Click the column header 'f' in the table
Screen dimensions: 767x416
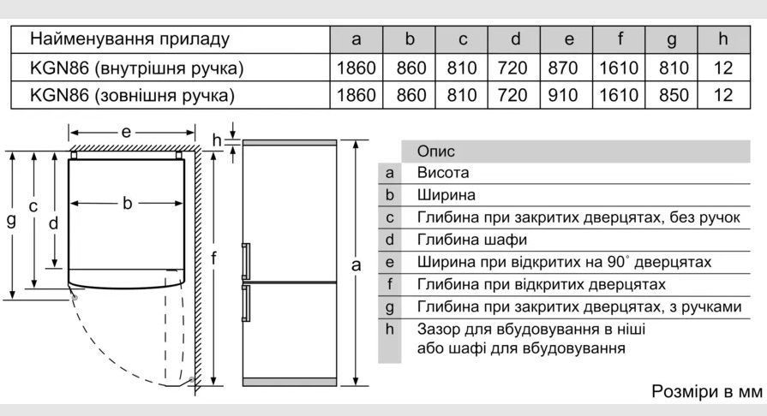[x=620, y=39]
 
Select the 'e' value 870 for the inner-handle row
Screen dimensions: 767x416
[x=562, y=68]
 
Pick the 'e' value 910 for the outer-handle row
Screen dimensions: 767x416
[x=562, y=95]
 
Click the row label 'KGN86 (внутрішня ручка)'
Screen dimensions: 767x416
[x=136, y=68]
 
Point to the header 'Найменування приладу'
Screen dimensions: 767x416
[x=129, y=39]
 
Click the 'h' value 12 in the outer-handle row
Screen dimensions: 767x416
[x=723, y=95]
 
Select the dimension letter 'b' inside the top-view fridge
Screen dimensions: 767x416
[x=127, y=202]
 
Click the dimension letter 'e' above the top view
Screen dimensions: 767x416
[x=126, y=132]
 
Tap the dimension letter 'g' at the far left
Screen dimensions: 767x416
[x=11, y=221]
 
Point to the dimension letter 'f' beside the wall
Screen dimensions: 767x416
[x=213, y=257]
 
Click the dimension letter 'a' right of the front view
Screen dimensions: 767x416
[x=357, y=265]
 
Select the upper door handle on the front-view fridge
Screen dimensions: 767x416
[x=246, y=262]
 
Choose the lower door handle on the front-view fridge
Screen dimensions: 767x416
[x=246, y=304]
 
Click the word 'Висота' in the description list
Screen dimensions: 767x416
[x=443, y=173]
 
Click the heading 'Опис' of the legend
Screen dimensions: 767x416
[x=436, y=151]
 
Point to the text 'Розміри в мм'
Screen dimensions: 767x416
[x=707, y=391]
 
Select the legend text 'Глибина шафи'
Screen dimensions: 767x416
[x=472, y=240]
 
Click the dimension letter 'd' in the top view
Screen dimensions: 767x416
[x=53, y=223]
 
